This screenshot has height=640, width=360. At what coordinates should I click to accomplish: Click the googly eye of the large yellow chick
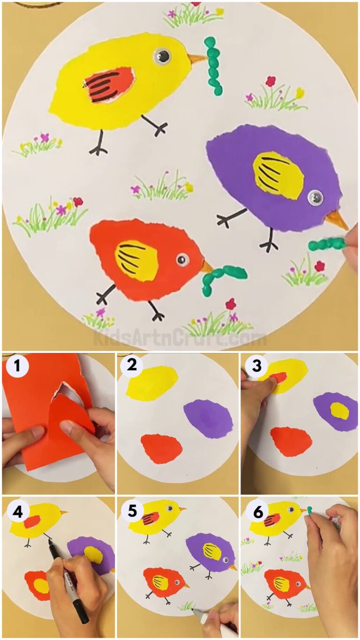coord(162,57)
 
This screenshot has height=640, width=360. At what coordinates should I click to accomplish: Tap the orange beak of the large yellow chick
coord(196,59)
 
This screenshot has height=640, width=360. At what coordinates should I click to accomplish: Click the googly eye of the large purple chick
coord(315,197)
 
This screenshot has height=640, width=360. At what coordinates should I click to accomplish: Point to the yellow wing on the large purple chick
coord(278,174)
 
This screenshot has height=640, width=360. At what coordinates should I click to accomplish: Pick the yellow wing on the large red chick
coord(136,261)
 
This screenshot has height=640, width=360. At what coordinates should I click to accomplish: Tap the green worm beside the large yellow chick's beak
coord(213,66)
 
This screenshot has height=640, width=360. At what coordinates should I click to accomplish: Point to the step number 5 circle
coord(132,511)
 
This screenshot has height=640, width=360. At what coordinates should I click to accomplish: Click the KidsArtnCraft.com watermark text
coord(180,337)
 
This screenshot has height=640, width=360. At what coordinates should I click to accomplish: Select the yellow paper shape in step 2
coord(152,383)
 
